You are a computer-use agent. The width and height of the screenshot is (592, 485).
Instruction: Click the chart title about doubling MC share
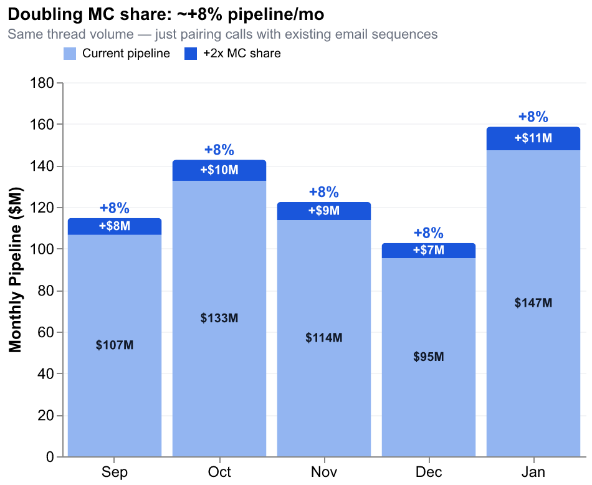[165, 14]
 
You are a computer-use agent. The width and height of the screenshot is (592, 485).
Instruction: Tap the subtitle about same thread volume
[222, 34]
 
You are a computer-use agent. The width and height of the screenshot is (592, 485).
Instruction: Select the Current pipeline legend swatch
[69, 54]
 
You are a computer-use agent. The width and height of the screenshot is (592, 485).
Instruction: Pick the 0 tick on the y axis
[51, 458]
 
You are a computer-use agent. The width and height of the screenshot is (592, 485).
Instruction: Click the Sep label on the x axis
[114, 472]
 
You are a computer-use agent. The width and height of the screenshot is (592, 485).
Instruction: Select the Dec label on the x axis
[428, 472]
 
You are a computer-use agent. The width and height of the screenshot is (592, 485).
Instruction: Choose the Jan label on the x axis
[533, 472]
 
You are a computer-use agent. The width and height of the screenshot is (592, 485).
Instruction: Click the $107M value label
[115, 345]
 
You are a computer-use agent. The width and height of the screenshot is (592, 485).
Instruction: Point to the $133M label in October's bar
[219, 318]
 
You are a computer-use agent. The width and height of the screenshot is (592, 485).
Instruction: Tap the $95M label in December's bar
[429, 357]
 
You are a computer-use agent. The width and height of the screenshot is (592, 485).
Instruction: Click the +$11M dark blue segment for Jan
[533, 138]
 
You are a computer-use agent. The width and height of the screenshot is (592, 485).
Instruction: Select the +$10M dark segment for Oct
[219, 170]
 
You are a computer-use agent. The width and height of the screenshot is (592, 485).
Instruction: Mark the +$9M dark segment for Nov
[324, 211]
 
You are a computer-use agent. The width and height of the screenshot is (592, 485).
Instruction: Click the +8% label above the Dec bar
[429, 233]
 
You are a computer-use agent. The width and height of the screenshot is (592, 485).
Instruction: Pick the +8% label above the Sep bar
[115, 208]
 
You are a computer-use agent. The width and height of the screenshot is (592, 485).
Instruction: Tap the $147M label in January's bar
[533, 303]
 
